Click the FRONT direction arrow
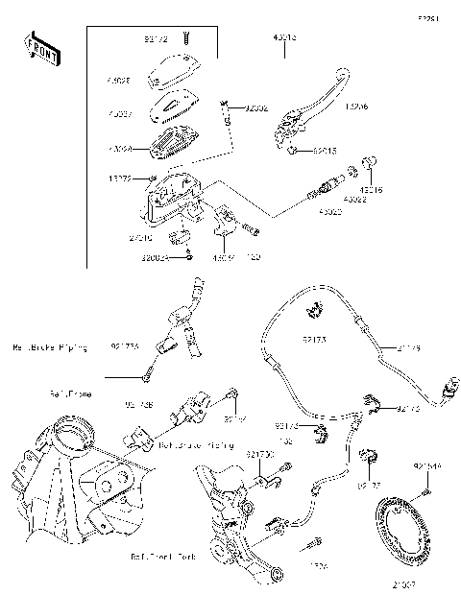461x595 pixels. (40, 49)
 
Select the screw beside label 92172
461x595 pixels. (185, 39)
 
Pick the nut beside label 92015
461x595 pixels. (291, 150)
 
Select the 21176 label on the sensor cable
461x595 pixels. (407, 348)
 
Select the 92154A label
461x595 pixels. (427, 465)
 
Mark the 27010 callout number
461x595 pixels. (142, 236)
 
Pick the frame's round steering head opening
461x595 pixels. (73, 434)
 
